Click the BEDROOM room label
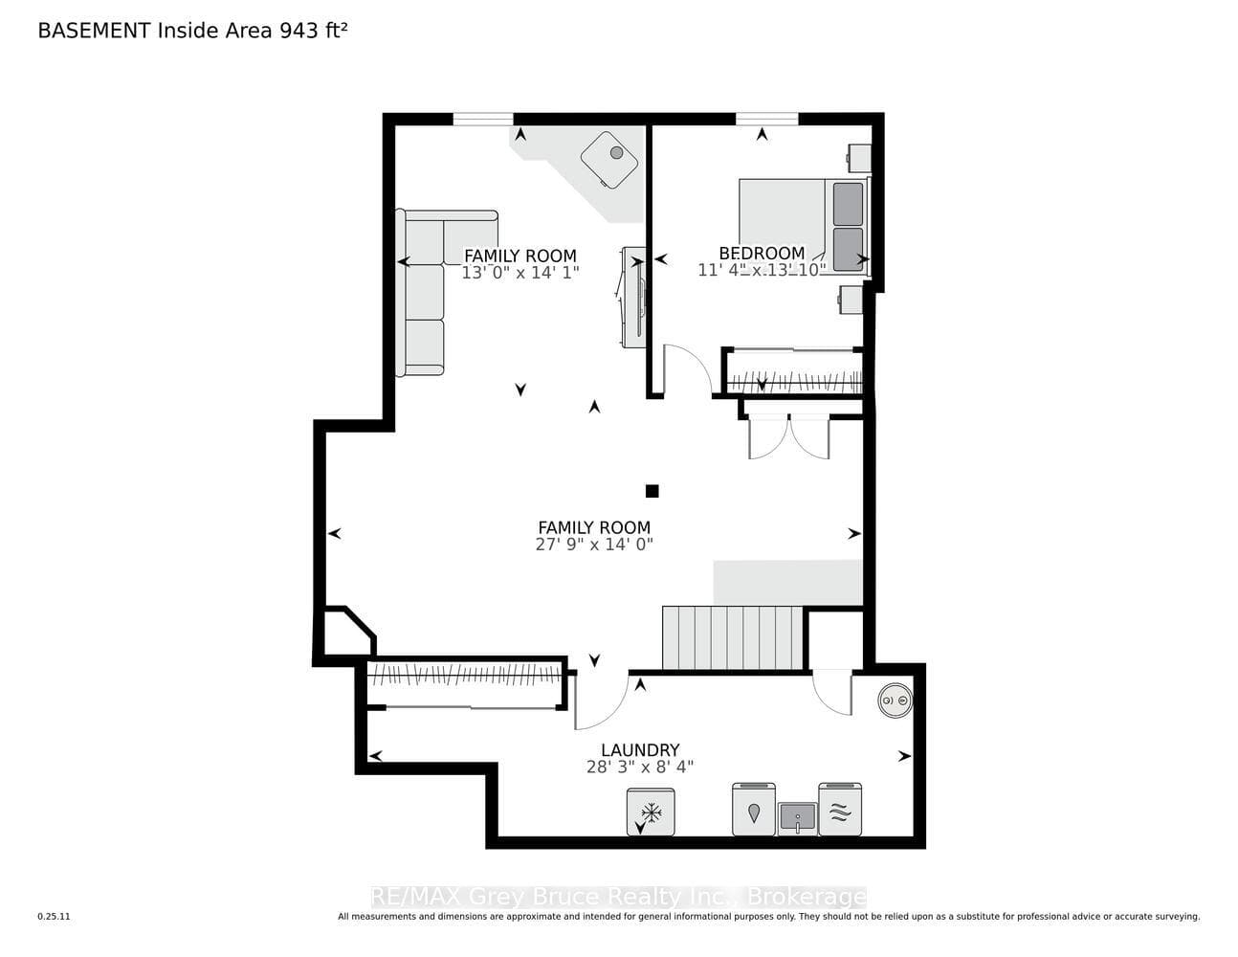(762, 253)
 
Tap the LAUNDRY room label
(640, 749)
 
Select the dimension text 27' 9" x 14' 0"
(594, 545)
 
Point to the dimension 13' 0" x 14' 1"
(520, 273)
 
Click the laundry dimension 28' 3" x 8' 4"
(640, 767)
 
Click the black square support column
(652, 491)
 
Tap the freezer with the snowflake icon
(651, 812)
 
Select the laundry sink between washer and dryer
(797, 818)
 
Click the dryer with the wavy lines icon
(840, 809)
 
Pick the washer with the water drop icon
(754, 809)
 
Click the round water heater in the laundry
(895, 701)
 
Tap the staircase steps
(733, 638)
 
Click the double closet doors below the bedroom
(789, 437)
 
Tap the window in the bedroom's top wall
(767, 119)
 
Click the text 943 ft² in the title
(314, 30)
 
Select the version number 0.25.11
(54, 917)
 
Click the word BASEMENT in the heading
(94, 31)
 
